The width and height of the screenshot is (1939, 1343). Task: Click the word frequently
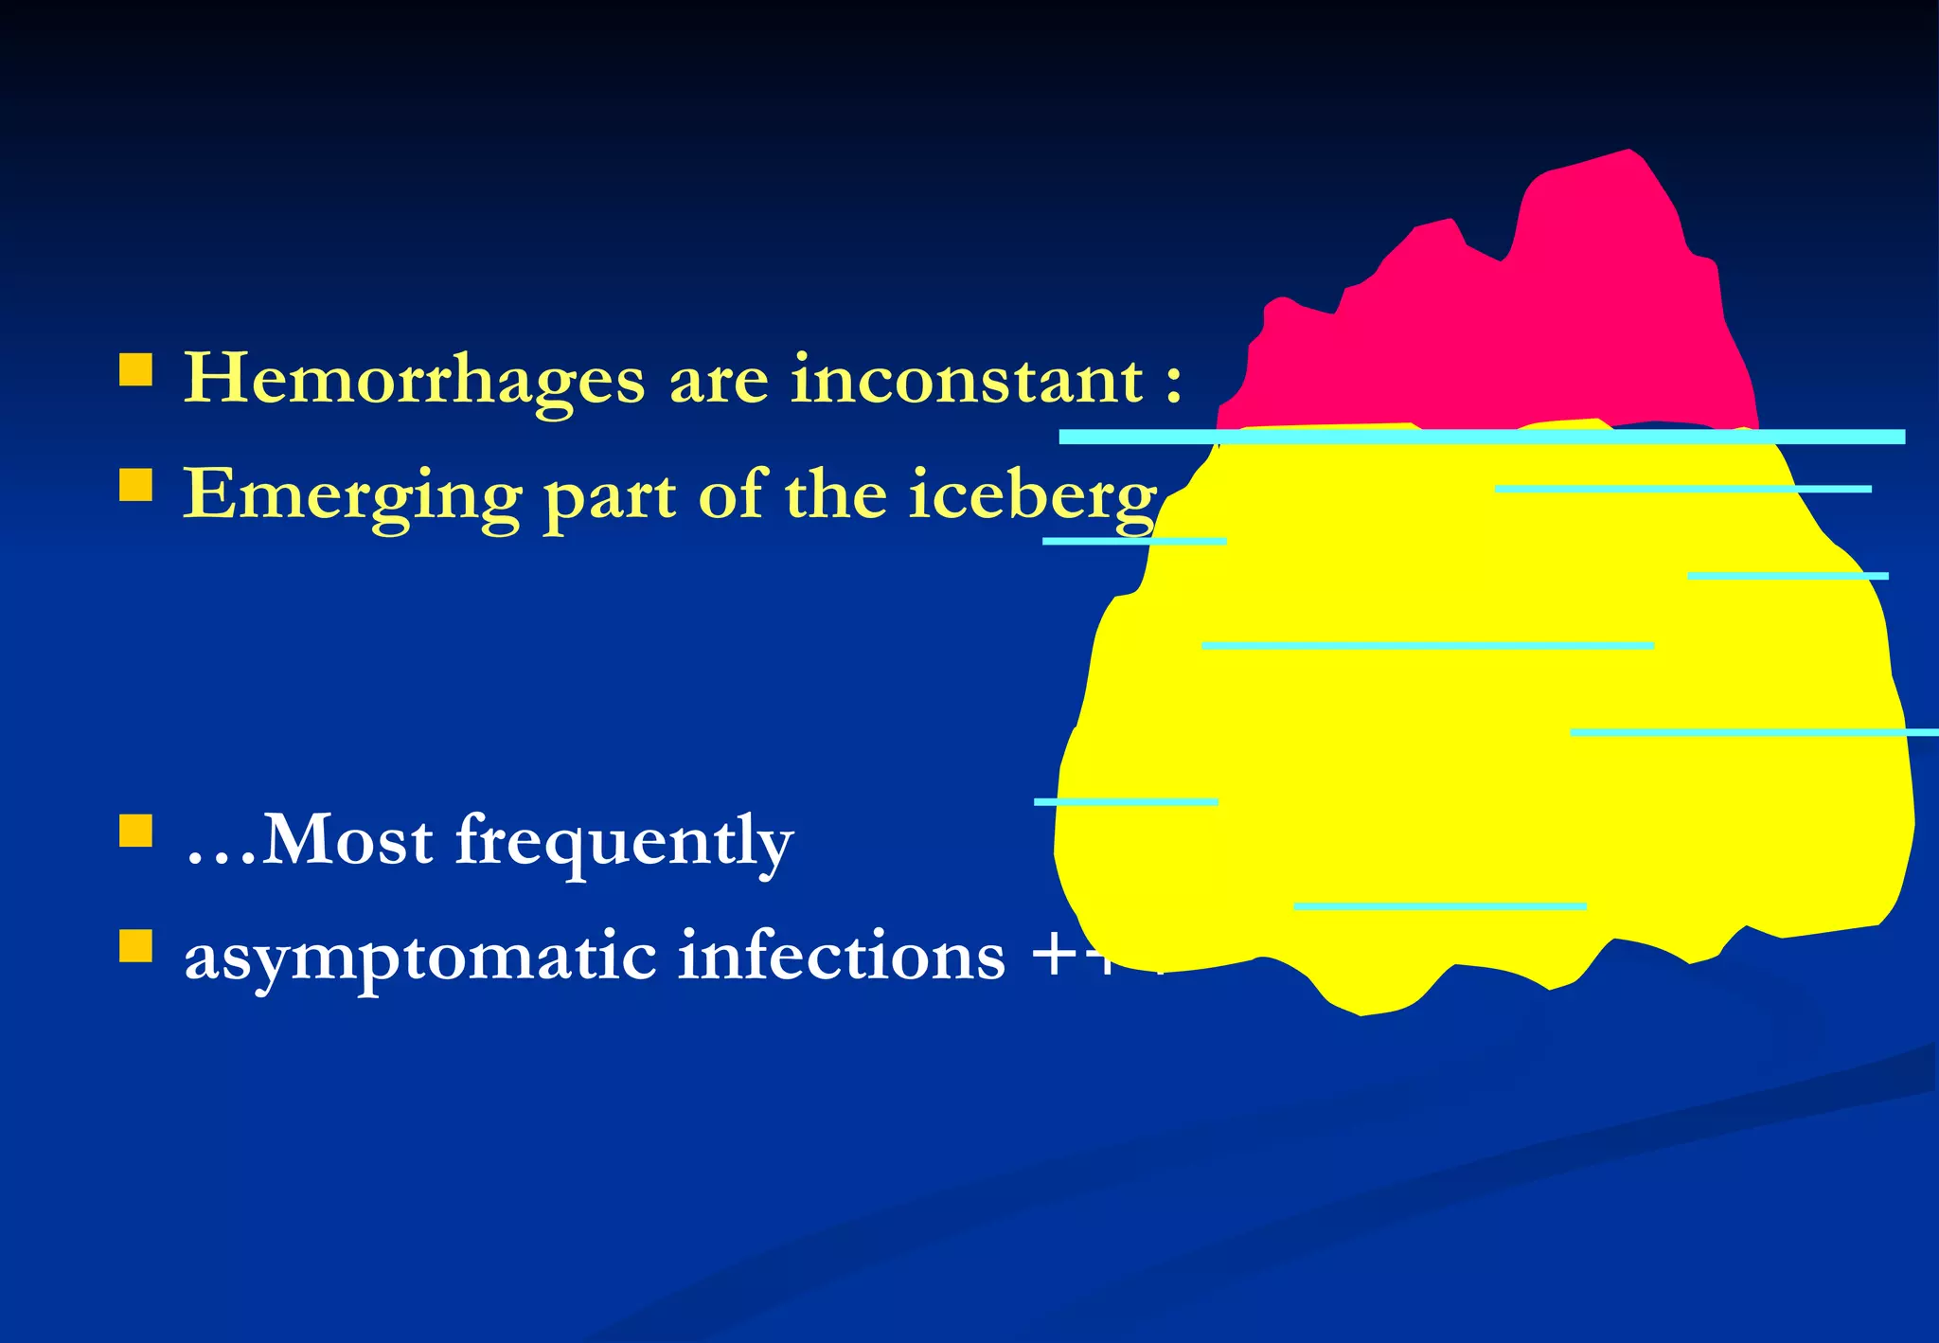pyautogui.click(x=624, y=842)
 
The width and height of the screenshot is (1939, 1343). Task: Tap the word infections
pyautogui.click(x=841, y=957)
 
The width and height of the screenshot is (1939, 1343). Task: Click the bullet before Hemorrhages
pyautogui.click(x=136, y=370)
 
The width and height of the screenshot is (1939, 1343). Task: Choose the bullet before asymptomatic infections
pyautogui.click(x=136, y=945)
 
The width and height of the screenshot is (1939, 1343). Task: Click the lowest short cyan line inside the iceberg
pyautogui.click(x=1439, y=906)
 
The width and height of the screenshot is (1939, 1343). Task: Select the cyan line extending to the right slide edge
pyautogui.click(x=1752, y=732)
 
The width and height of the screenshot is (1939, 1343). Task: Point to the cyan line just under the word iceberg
pyautogui.click(x=1133, y=541)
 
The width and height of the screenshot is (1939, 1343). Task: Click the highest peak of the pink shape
pyautogui.click(x=1627, y=153)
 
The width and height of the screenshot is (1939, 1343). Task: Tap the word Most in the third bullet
pyautogui.click(x=347, y=840)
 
